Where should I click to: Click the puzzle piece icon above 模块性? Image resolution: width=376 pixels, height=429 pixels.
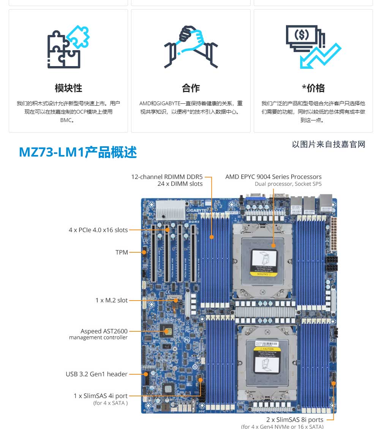click(68, 47)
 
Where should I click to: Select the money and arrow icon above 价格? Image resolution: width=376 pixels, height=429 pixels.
click(313, 47)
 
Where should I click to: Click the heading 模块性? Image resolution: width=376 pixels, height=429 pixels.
click(68, 88)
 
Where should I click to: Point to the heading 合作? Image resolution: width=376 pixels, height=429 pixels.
click(191, 88)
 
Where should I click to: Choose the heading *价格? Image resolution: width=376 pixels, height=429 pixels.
click(313, 88)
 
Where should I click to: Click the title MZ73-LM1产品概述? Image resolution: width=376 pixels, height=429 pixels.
click(78, 152)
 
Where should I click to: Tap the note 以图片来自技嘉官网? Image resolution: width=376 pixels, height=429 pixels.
click(329, 144)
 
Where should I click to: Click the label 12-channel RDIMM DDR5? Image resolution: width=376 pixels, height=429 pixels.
click(167, 177)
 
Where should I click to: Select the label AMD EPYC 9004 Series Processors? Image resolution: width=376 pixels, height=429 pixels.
click(273, 177)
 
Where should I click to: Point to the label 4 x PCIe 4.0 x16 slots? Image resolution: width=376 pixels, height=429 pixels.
click(98, 230)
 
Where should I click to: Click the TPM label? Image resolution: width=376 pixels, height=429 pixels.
click(122, 252)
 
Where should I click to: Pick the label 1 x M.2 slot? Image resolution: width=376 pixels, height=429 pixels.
click(111, 300)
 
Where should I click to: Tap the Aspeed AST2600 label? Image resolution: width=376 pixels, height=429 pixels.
click(104, 331)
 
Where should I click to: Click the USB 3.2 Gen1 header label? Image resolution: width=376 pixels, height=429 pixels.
click(96, 374)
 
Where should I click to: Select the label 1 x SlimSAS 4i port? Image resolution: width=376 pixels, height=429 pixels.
click(100, 396)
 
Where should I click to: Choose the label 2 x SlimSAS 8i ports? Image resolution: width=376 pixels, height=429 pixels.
click(295, 420)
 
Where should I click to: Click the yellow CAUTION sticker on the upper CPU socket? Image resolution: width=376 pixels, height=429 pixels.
click(263, 274)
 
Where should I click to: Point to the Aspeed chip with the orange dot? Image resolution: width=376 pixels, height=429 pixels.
click(166, 331)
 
